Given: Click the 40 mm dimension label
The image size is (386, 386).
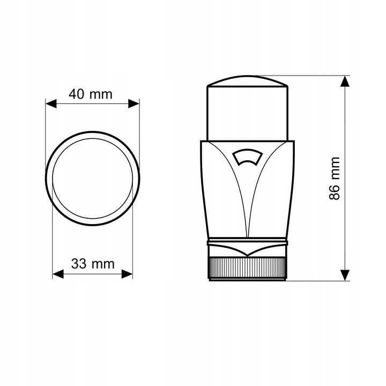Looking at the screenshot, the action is (x=91, y=94).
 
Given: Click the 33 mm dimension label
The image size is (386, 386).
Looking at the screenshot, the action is (x=93, y=264).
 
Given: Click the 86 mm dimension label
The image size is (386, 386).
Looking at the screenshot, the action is (x=335, y=179).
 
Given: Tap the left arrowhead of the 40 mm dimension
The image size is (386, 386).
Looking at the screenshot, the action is (x=51, y=103).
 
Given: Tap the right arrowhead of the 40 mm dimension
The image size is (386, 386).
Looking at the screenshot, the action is (x=133, y=103).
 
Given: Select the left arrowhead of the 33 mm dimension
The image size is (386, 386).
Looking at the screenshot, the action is (x=58, y=274).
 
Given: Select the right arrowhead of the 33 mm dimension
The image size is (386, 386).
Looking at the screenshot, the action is (x=127, y=274).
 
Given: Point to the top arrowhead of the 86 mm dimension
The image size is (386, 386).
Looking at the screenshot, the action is (x=345, y=81).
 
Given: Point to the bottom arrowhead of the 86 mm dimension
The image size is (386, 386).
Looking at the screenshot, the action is (x=345, y=275).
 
